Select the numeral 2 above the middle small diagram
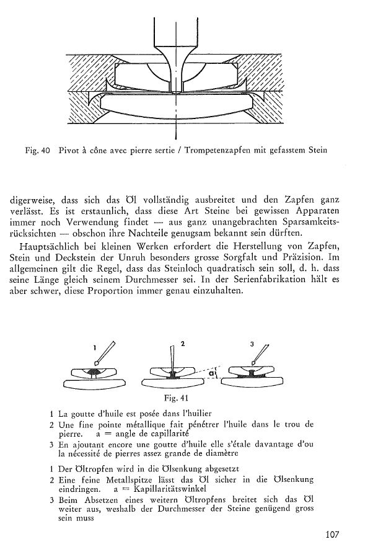[x=183, y=342]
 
